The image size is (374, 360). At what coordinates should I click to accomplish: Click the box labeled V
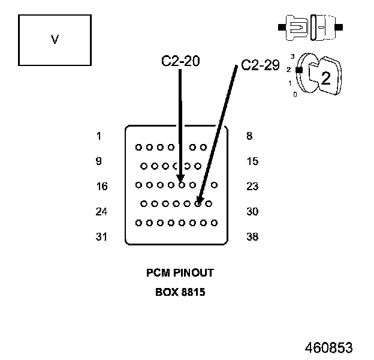[x=55, y=40]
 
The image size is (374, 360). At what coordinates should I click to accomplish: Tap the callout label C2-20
[x=180, y=61]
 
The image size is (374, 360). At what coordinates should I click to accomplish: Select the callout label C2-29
[x=260, y=65]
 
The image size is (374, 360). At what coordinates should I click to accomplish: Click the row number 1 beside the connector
[x=98, y=136]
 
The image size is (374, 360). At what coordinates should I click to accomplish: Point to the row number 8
[x=249, y=136]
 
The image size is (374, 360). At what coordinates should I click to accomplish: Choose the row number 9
[x=98, y=161]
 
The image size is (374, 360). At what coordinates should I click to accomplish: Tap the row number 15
[x=252, y=161]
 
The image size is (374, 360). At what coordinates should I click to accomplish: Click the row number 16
[x=102, y=187]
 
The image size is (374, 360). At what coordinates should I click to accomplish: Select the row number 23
[x=252, y=187]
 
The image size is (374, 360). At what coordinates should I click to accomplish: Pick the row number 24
[x=102, y=212]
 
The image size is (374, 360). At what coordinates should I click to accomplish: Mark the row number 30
[x=252, y=212]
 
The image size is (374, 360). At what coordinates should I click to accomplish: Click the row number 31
[x=102, y=237]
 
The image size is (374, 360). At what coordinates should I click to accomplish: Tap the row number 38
[x=252, y=237]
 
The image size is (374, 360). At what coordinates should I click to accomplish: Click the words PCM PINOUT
[x=180, y=273]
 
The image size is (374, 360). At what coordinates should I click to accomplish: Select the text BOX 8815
[x=180, y=293]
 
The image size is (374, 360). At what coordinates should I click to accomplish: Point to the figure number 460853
[x=328, y=349]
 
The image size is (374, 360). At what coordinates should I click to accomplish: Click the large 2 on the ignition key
[x=325, y=78]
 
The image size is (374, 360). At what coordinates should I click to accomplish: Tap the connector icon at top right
[x=310, y=27]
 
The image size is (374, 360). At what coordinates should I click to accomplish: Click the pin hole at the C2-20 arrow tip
[x=182, y=185]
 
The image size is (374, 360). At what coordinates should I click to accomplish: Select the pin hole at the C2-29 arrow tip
[x=198, y=204]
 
